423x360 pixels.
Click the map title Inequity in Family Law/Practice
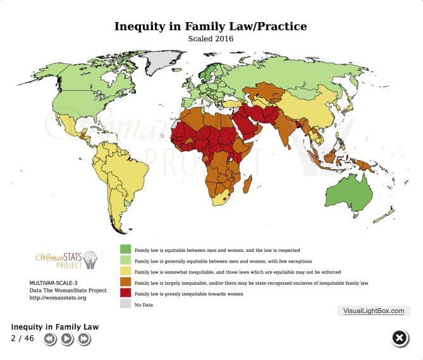[211, 27]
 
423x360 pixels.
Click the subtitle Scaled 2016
[211, 39]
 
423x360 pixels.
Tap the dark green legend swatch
[125, 250]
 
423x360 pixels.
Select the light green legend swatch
[125, 261]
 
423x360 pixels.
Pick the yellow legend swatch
[125, 271]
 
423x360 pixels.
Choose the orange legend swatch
[125, 282]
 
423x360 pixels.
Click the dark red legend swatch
[125, 294]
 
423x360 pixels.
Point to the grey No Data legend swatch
[125, 304]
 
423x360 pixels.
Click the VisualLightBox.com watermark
[374, 311]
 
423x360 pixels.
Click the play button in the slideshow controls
[66, 340]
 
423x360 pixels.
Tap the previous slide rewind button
[51, 340]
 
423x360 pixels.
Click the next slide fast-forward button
[83, 340]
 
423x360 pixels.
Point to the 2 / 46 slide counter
[22, 338]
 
